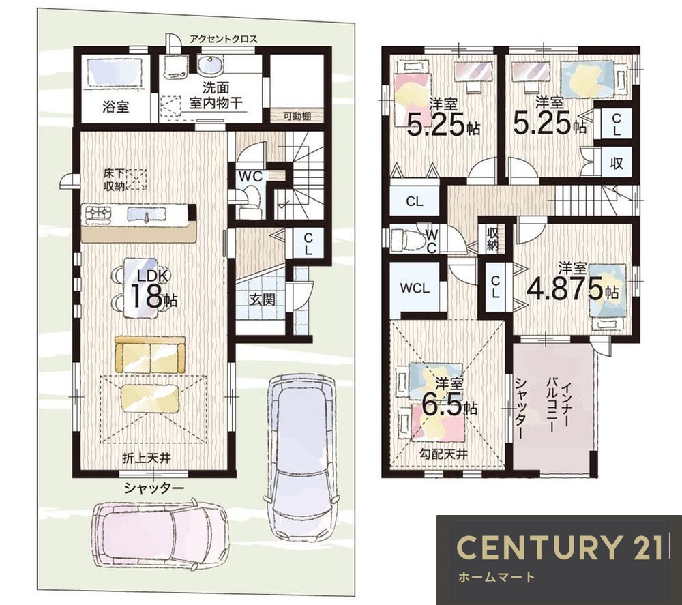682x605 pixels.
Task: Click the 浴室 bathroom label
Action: pyautogui.click(x=116, y=106)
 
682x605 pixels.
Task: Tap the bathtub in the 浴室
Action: pyautogui.click(x=115, y=72)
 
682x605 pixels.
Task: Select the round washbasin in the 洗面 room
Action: pyautogui.click(x=211, y=65)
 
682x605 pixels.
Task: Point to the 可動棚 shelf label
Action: pyautogui.click(x=297, y=116)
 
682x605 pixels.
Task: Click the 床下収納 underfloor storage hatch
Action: pyautogui.click(x=135, y=179)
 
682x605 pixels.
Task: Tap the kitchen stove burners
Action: pyautogui.click(x=99, y=215)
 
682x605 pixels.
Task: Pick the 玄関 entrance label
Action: pyautogui.click(x=263, y=299)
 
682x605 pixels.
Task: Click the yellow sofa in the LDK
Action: pyautogui.click(x=150, y=354)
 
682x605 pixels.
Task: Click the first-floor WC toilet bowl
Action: pyautogui.click(x=249, y=203)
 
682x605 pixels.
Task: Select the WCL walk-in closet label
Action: pyautogui.click(x=415, y=289)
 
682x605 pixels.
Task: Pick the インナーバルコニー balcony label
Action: pyautogui.click(x=557, y=407)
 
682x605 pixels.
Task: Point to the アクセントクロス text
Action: pyautogui.click(x=224, y=39)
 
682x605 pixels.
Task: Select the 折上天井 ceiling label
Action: pyautogui.click(x=146, y=458)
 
